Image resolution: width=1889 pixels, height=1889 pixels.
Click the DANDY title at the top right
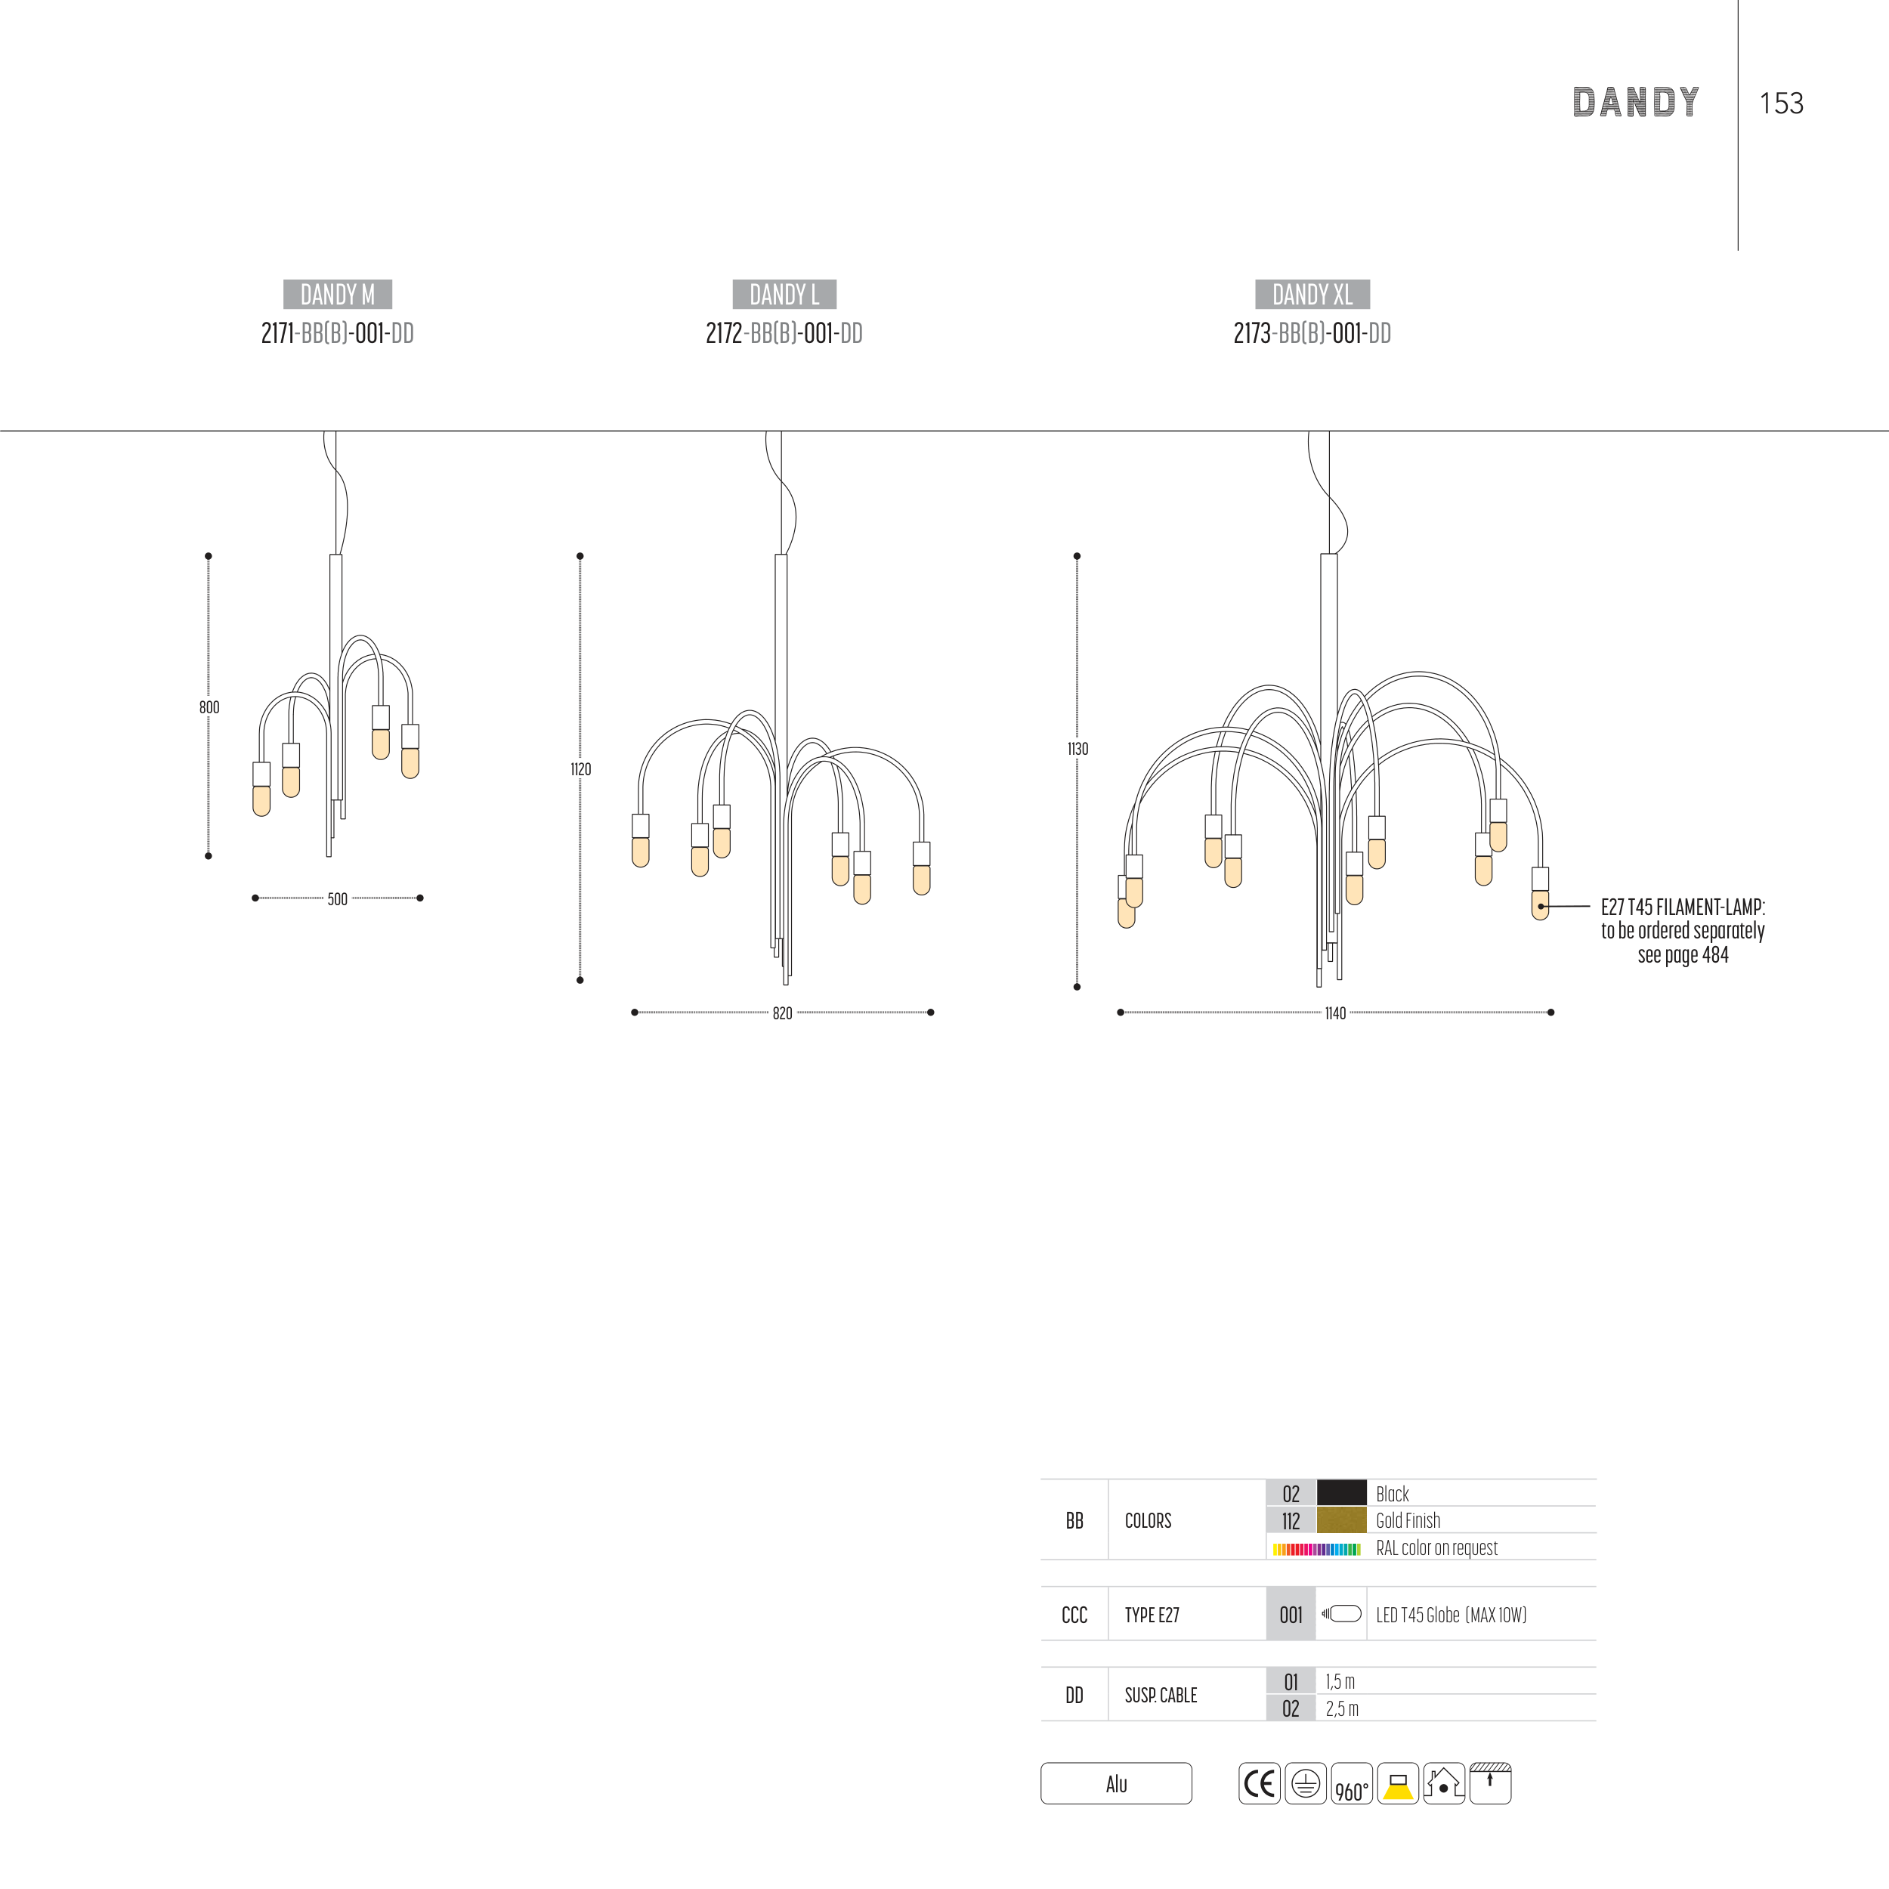(1636, 102)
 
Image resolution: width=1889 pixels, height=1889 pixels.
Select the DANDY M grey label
(337, 294)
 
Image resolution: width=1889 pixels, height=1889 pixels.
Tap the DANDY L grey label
(784, 294)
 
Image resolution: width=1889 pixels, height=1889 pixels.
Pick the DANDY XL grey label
(1312, 294)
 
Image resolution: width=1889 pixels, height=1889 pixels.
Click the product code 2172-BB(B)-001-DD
(784, 333)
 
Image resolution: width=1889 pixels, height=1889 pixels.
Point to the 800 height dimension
(209, 707)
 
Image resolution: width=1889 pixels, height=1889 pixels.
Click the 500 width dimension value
(337, 898)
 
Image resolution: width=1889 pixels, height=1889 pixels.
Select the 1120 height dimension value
(581, 768)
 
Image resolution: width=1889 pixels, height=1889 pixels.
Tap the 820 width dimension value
(782, 1013)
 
